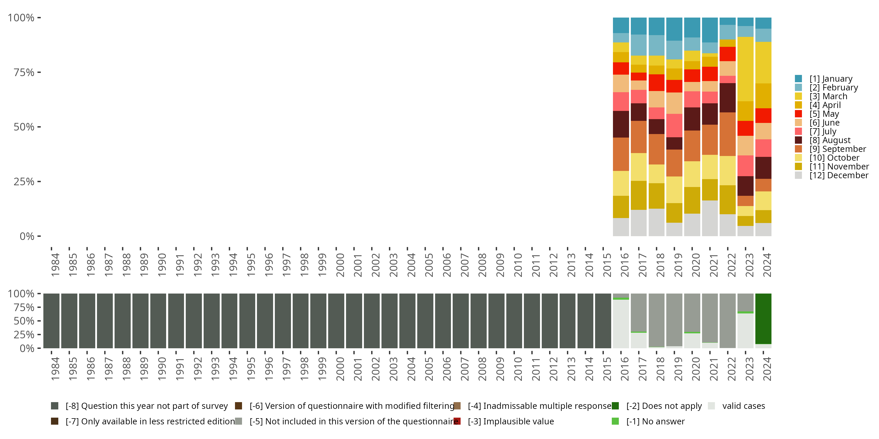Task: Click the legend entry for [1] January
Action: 831,79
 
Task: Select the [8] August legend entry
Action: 829,140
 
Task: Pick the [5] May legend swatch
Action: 798,114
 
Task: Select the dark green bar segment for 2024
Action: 763,319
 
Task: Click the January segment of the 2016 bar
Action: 621,25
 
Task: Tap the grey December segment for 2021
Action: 710,218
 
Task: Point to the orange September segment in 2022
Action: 728,134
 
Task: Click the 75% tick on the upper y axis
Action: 24,72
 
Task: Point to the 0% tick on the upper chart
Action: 27,236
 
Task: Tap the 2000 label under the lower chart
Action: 340,369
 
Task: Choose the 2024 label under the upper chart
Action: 767,265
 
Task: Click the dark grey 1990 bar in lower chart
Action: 158,321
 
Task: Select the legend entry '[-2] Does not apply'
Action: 664,406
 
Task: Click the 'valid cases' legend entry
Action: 743,406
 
